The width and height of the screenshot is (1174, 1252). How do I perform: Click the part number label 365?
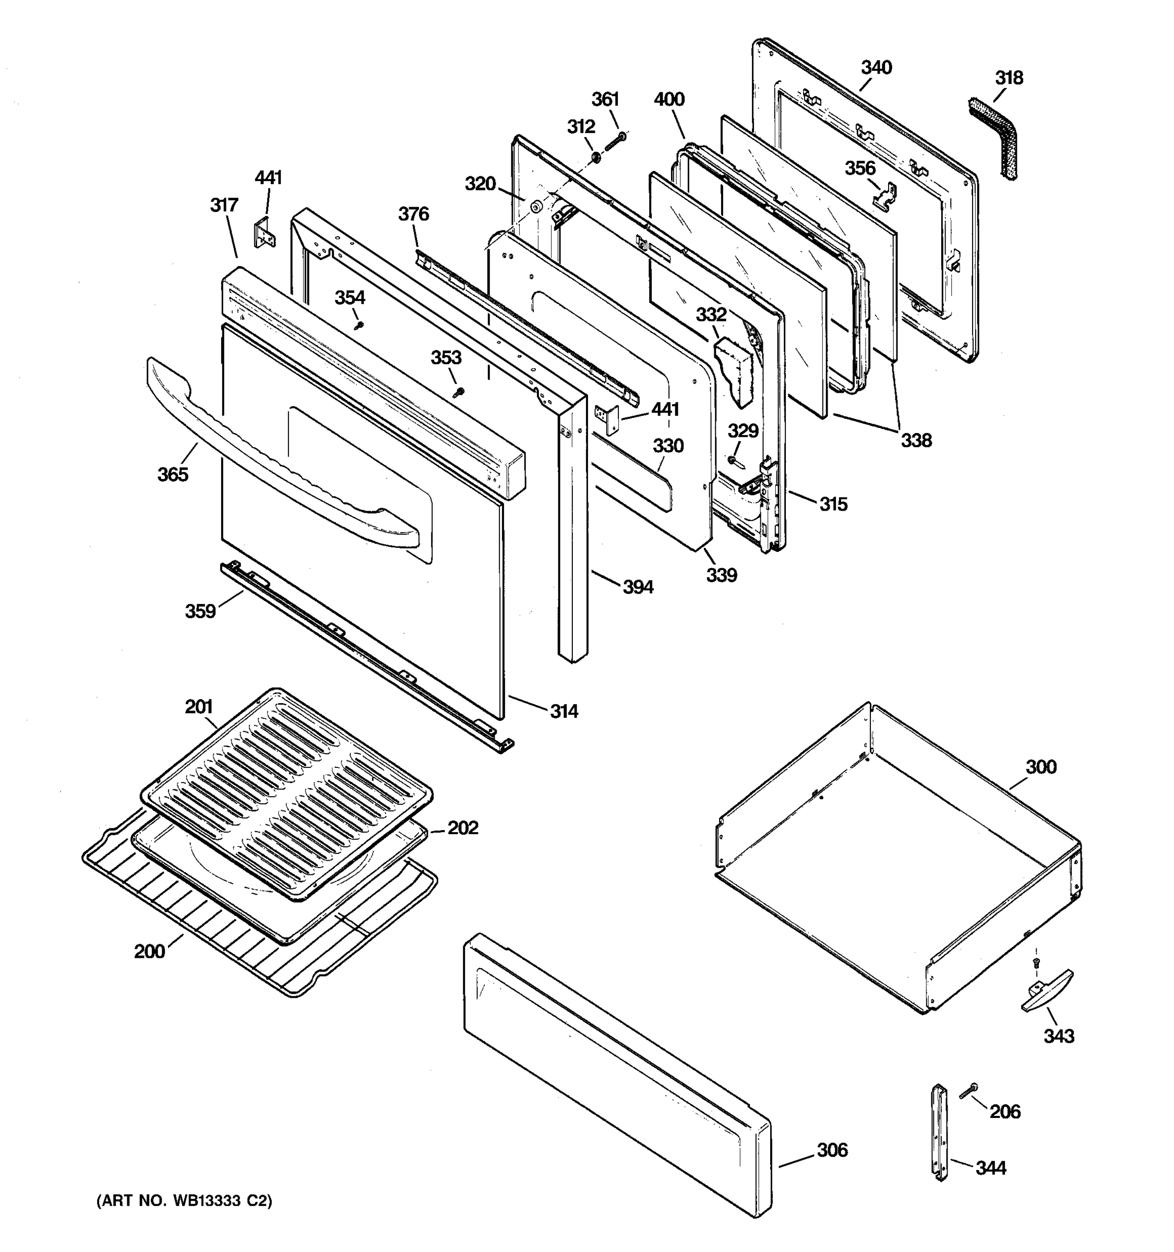coord(173,474)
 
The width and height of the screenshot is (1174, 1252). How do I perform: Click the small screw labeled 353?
coord(459,392)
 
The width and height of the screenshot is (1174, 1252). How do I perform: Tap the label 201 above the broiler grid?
coord(198,707)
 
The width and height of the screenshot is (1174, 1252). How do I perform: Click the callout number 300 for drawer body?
coord(1040,767)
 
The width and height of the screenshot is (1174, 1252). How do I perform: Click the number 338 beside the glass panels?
coord(915,440)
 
